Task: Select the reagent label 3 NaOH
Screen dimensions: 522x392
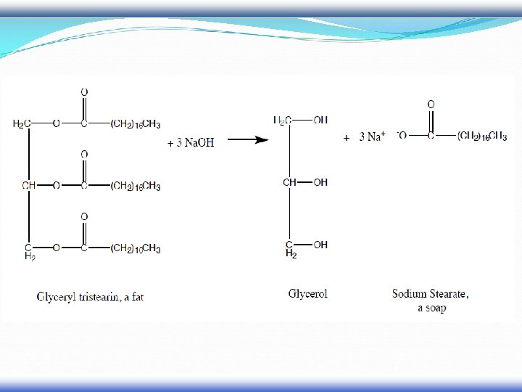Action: [x=191, y=142]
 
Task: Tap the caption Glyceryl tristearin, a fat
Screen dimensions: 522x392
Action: [x=90, y=296]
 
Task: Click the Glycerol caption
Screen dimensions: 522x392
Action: [x=308, y=294]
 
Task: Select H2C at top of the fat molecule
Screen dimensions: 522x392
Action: [x=22, y=123]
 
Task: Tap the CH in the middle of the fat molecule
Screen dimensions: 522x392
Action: [x=29, y=186]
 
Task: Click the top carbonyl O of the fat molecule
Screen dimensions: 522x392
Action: [x=84, y=92]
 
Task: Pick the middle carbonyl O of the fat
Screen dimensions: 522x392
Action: [x=84, y=155]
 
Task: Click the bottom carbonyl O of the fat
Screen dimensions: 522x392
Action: [x=84, y=217]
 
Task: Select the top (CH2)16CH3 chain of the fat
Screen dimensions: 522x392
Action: [x=136, y=123]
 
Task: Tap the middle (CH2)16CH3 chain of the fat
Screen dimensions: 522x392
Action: [x=136, y=186]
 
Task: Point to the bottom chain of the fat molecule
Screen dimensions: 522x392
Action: [x=136, y=249]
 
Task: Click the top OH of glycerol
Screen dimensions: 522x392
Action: [x=320, y=120]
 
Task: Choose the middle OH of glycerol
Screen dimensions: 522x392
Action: [x=320, y=182]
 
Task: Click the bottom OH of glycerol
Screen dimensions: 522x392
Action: [x=320, y=245]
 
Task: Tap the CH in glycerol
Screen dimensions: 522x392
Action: [x=289, y=182]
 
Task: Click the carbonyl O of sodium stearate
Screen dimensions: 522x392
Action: [x=431, y=105]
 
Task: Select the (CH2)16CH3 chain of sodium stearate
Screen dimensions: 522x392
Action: [x=482, y=136]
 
